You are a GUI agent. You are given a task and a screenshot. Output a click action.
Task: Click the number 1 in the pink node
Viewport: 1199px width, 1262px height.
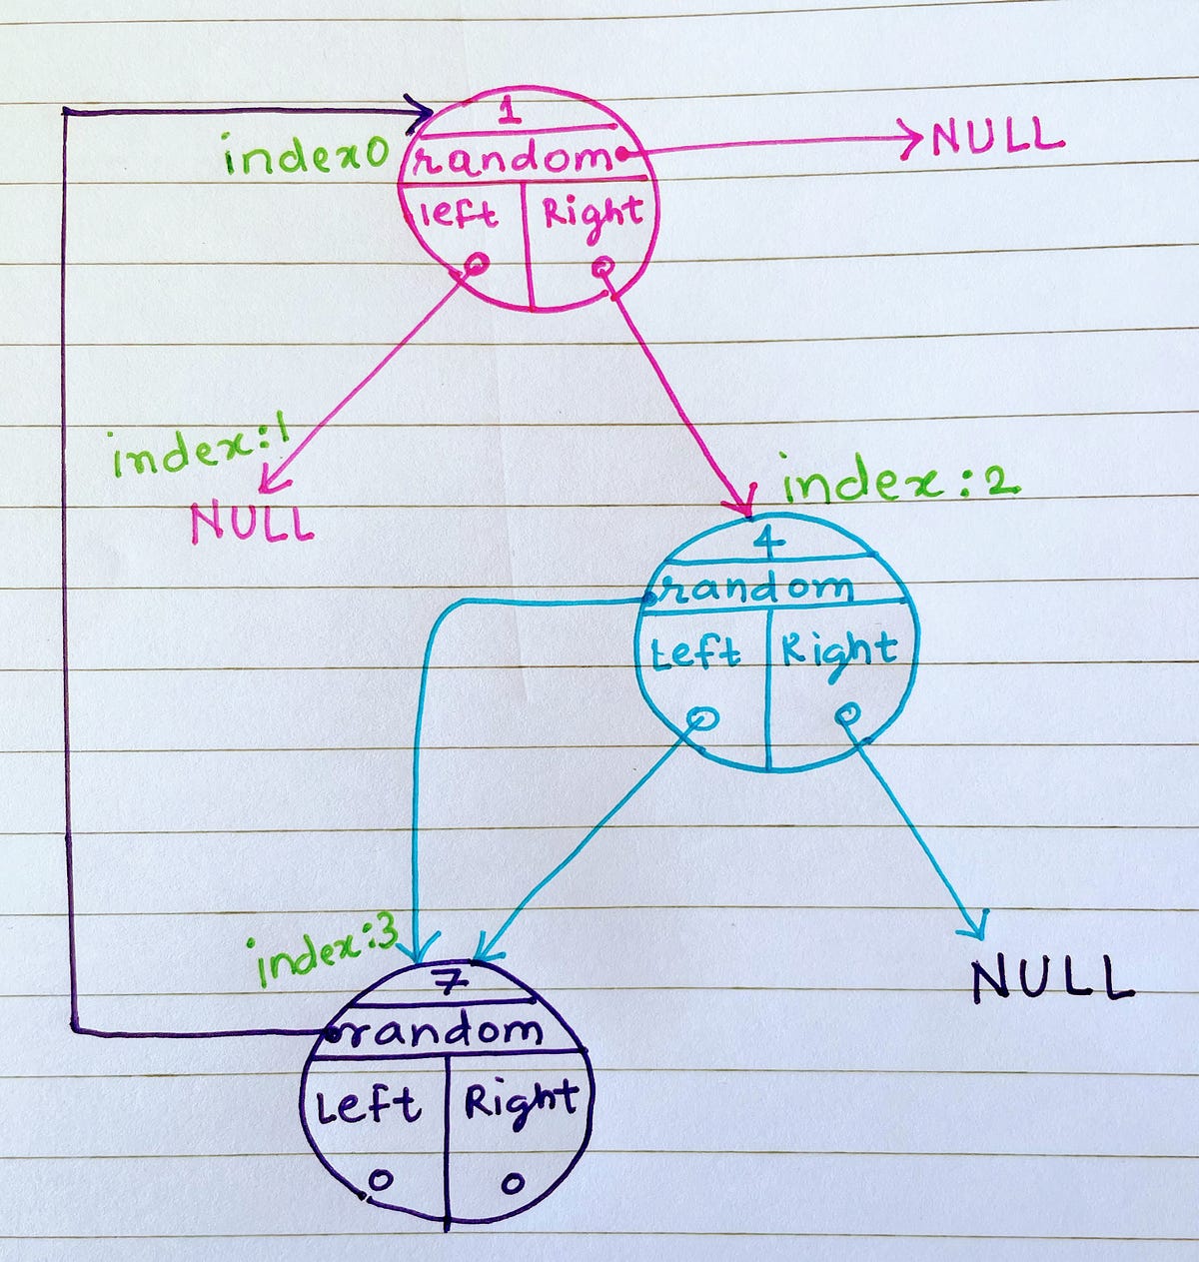[510, 111]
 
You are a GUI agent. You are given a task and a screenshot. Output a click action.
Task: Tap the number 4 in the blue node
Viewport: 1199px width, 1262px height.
[774, 542]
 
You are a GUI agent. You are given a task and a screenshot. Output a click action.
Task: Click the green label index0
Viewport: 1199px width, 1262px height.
[305, 158]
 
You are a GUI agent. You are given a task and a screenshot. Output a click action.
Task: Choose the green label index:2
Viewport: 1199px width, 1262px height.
[899, 485]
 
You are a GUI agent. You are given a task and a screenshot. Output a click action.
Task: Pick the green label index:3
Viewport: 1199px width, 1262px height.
[328, 952]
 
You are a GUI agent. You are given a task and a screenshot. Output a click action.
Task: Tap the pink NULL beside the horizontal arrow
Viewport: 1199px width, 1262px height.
[996, 137]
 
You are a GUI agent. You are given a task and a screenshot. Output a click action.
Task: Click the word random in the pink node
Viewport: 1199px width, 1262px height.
[512, 158]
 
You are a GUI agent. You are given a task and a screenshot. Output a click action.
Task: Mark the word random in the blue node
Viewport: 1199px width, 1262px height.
[759, 589]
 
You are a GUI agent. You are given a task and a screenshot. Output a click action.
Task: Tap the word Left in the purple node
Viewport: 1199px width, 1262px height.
[366, 1106]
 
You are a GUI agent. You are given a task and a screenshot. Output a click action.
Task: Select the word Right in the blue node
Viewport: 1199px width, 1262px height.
[838, 651]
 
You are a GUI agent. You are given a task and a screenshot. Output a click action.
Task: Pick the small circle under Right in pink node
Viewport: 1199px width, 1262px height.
[602, 268]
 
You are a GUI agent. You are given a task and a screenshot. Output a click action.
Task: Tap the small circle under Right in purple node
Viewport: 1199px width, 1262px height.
[513, 1183]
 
